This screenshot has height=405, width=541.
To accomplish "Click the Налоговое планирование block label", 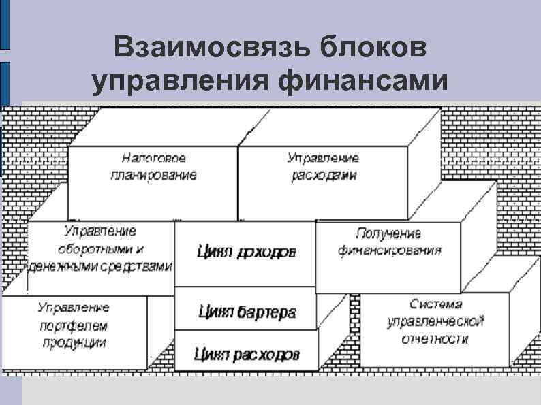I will coord(153,166).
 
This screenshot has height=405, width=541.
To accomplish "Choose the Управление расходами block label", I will coord(323,166).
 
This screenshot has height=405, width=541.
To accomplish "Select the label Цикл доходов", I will coord(246,253).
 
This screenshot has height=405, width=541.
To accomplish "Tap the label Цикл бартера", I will coord(247,312).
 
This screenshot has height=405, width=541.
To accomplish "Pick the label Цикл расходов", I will coord(247,354).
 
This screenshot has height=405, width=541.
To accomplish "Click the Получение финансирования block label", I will coord(389,242).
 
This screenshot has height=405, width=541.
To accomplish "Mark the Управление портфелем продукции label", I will coord(73,324).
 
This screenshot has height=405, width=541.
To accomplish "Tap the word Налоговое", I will coord(153,158).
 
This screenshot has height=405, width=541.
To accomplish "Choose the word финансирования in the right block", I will coord(389,250).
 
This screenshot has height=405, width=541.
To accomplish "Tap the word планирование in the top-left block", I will coord(153,175).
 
